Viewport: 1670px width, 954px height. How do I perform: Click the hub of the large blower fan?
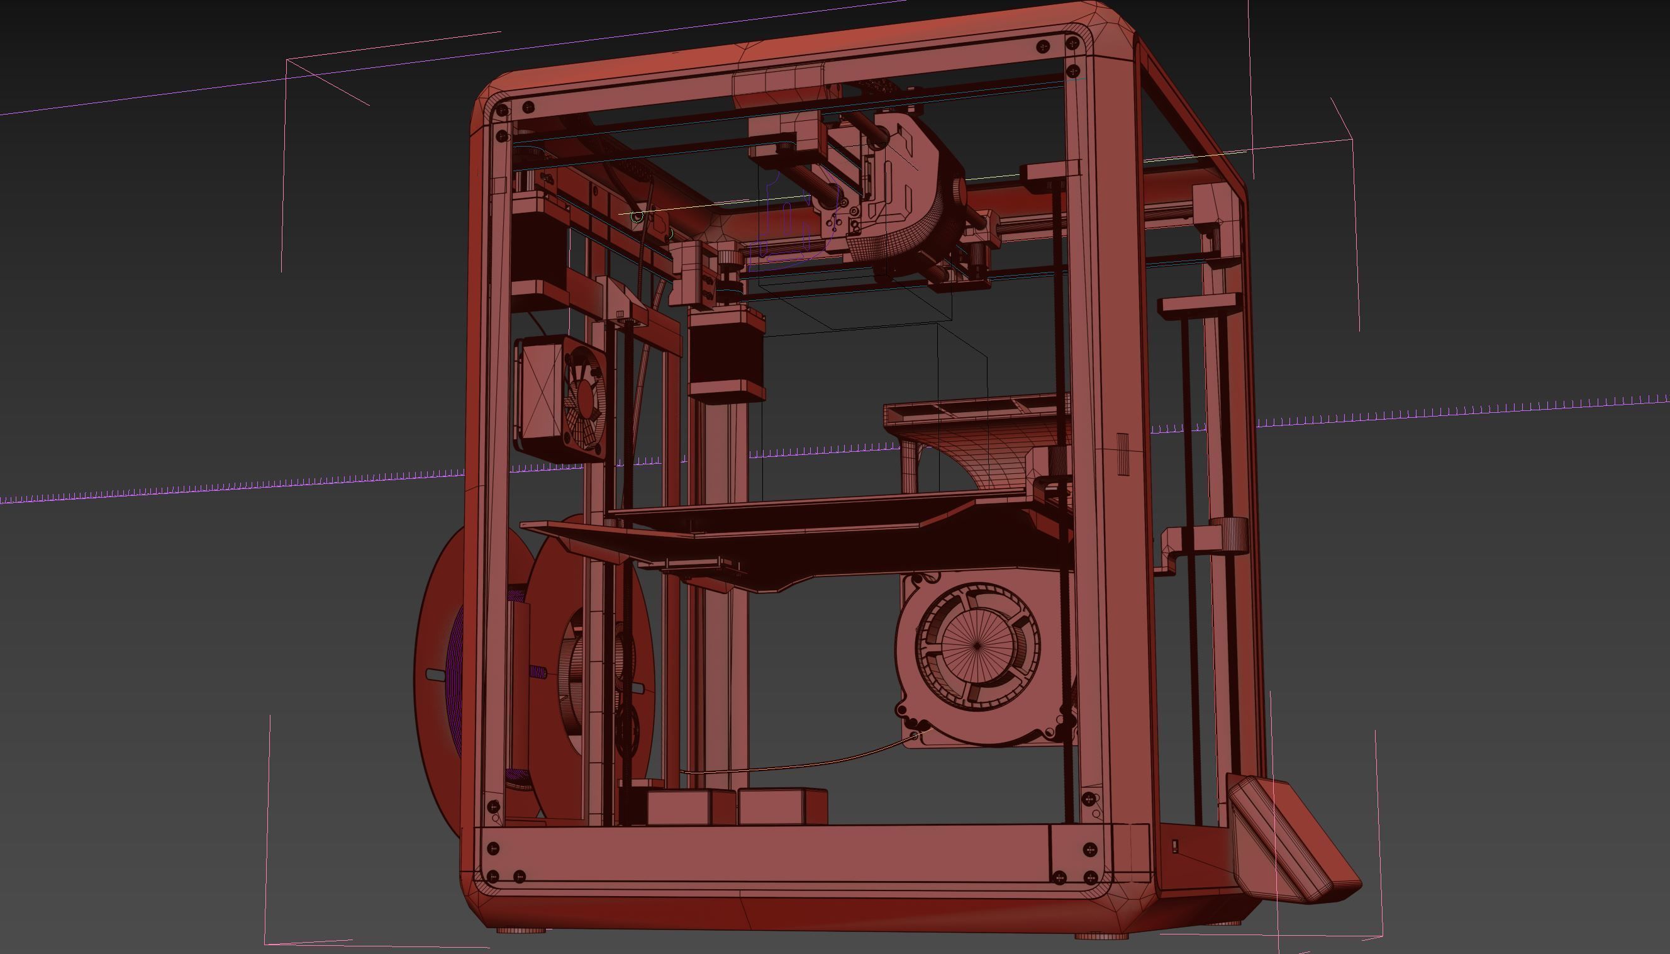click(x=976, y=646)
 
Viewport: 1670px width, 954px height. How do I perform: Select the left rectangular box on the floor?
click(x=680, y=808)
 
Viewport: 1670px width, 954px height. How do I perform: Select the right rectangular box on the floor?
click(x=782, y=807)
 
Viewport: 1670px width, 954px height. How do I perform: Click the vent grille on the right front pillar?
click(x=1123, y=454)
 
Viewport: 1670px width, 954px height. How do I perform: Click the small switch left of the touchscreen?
click(x=1175, y=846)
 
